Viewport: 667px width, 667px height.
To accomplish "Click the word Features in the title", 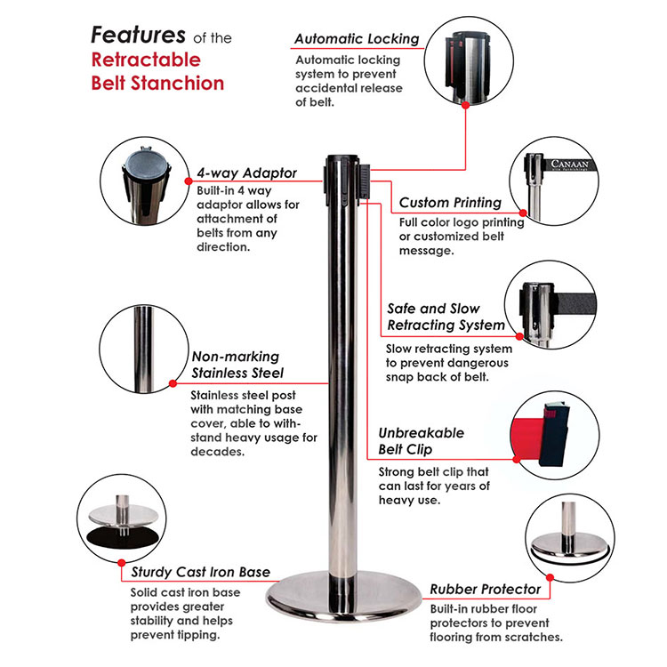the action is [138, 35].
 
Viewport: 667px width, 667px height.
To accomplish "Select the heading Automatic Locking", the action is [357, 39].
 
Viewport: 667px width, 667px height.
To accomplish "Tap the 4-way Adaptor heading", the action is [246, 173].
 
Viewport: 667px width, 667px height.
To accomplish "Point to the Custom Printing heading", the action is [450, 203].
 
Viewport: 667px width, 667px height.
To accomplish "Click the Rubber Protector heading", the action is [485, 589].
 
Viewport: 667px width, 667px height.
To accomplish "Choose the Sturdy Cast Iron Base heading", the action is [200, 572].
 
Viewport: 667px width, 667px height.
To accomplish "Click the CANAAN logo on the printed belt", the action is [569, 164].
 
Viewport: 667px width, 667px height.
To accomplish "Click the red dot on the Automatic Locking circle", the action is [466, 105].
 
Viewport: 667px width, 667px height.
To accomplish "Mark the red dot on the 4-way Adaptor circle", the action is [189, 181].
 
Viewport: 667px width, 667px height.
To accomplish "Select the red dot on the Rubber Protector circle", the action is [550, 578].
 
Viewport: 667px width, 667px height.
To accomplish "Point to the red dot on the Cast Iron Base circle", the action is [122, 563].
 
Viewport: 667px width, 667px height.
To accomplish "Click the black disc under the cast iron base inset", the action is [122, 540].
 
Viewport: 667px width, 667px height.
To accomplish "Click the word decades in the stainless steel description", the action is [217, 452].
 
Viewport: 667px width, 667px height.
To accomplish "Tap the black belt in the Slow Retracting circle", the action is [575, 304].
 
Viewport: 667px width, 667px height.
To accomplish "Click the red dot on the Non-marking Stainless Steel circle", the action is [173, 383].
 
